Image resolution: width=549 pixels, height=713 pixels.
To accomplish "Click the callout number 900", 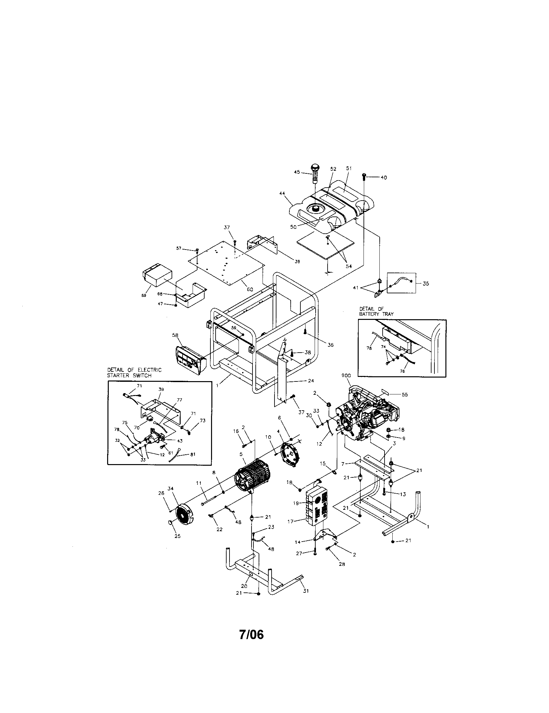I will (346, 376).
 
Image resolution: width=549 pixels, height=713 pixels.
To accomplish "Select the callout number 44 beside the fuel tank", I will (282, 193).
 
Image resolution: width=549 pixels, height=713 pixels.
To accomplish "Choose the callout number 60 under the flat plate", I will (250, 289).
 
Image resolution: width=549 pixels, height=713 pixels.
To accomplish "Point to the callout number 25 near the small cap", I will (177, 536).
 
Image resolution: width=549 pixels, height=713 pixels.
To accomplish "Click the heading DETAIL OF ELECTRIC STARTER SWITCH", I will (134, 372).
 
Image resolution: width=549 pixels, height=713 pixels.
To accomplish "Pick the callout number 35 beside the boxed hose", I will (426, 283).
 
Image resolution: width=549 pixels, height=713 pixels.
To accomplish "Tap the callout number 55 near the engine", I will (405, 394).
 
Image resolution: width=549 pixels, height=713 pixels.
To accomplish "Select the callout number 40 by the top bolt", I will (384, 178).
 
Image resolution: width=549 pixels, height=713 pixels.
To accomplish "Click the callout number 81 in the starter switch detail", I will (192, 454).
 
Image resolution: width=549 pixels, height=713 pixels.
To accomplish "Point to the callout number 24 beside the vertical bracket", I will (311, 381).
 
